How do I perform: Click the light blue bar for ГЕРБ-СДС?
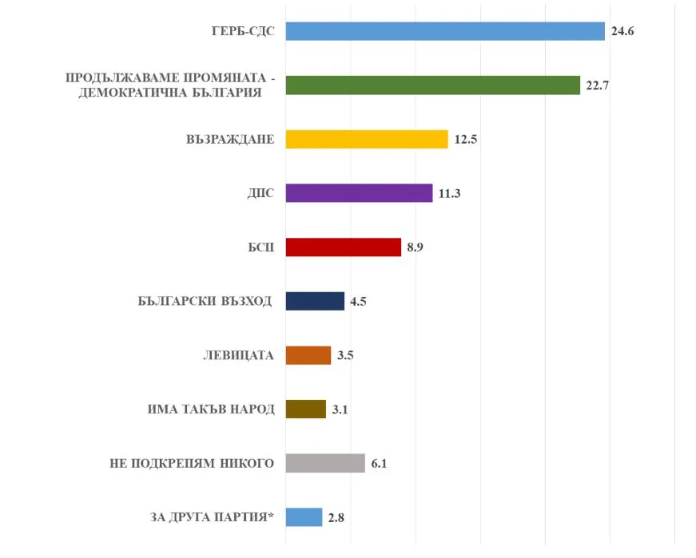(x=444, y=31)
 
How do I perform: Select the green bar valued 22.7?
(x=432, y=85)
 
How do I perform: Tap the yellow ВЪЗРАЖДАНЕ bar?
(x=366, y=139)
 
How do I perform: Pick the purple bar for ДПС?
(x=359, y=193)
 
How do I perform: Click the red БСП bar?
(x=343, y=247)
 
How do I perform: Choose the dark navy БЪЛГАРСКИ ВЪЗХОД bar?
(x=315, y=301)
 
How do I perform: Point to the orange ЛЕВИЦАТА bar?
(x=308, y=355)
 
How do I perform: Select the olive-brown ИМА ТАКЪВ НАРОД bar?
(x=305, y=410)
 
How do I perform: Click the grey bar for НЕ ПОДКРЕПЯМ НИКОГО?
(x=324, y=463)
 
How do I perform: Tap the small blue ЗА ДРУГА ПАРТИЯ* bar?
(x=304, y=517)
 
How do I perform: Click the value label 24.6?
(x=622, y=32)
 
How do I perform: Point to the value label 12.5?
(x=465, y=140)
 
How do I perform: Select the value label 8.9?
(x=415, y=247)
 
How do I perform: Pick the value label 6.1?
(x=379, y=464)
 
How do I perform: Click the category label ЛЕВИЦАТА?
(x=238, y=355)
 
